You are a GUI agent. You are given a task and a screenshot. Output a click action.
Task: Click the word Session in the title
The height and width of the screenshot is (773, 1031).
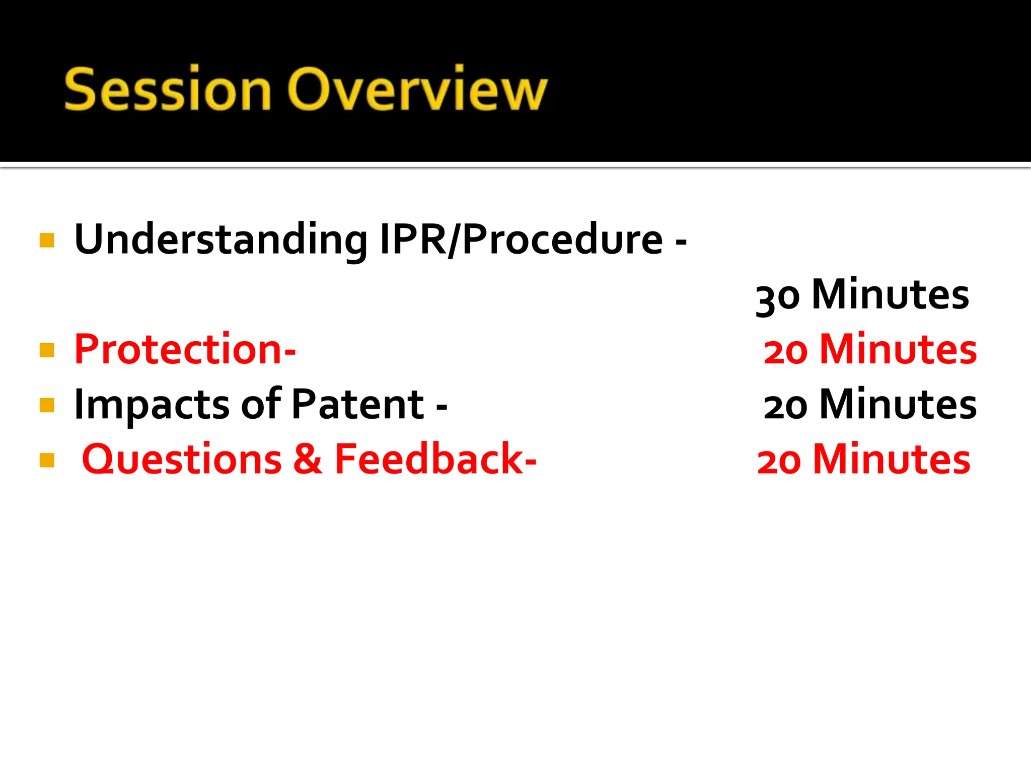(x=168, y=90)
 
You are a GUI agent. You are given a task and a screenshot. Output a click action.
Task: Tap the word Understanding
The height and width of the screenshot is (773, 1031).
(x=220, y=240)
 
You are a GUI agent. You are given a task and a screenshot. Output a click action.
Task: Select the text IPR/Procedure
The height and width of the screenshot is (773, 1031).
(x=521, y=240)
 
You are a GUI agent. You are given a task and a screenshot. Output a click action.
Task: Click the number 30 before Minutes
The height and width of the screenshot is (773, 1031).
(x=777, y=297)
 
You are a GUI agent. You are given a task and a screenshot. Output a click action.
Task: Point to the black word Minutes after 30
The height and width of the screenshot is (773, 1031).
(x=890, y=295)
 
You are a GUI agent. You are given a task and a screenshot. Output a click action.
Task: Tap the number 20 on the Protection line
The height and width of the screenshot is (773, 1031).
(x=785, y=351)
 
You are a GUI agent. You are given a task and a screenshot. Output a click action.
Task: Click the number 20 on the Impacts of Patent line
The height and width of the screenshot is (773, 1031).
(x=785, y=406)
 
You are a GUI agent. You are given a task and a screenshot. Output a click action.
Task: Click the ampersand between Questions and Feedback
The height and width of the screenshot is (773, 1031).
(x=308, y=459)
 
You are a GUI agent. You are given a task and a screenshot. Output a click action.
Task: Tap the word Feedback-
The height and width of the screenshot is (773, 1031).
(x=435, y=459)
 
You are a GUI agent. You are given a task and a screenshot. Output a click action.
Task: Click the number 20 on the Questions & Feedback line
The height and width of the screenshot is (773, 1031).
(x=779, y=461)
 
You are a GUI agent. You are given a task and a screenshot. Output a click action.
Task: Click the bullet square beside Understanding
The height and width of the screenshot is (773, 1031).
(x=47, y=240)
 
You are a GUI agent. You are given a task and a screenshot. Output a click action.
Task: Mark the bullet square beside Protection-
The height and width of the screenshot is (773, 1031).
(x=47, y=350)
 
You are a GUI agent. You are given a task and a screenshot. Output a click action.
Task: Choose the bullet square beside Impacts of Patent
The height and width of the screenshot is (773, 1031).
(x=47, y=405)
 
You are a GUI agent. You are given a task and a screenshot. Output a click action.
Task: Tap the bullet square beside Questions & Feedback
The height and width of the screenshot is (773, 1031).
(x=47, y=460)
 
